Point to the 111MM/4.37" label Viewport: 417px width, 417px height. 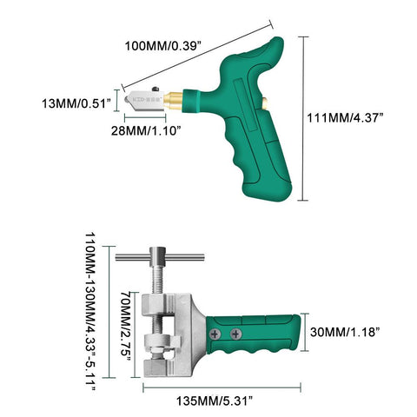[357, 117]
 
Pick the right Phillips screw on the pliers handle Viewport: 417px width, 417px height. [237, 331]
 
